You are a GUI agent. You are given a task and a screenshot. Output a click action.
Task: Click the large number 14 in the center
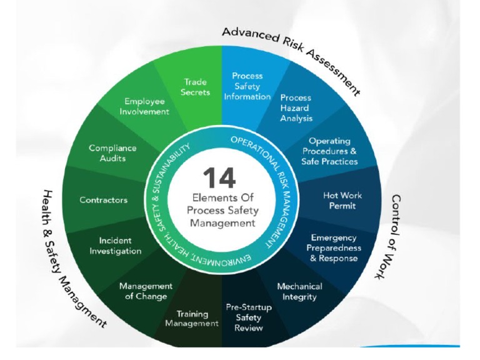(219, 177)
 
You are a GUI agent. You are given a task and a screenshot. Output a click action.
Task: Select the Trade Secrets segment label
(194, 87)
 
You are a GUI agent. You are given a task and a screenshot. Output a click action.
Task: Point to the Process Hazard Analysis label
(296, 107)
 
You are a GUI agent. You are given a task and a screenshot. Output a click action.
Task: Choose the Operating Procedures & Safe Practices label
(329, 151)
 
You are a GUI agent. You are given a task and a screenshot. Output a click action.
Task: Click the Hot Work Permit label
(342, 200)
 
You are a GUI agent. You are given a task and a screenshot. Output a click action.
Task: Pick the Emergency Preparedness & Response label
(334, 247)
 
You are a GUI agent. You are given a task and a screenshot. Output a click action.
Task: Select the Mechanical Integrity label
(299, 291)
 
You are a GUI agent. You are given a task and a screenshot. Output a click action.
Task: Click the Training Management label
(192, 319)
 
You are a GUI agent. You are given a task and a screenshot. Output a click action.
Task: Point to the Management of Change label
(146, 291)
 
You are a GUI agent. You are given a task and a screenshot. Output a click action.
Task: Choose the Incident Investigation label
(115, 246)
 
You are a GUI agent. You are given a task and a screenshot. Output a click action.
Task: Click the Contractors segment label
(103, 200)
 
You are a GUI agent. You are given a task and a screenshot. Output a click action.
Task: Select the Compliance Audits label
(112, 153)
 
